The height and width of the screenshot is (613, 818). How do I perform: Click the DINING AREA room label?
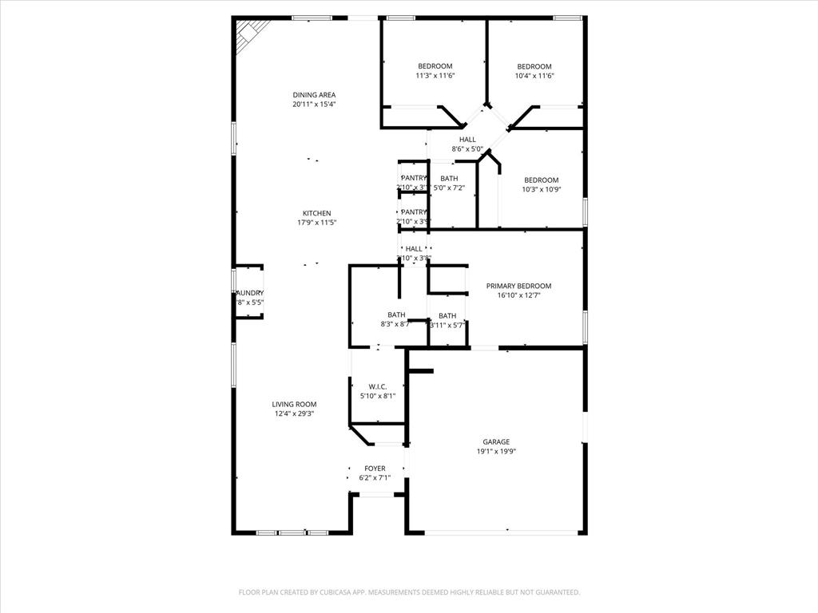pos(314,94)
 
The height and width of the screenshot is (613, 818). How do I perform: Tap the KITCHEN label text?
pos(316,213)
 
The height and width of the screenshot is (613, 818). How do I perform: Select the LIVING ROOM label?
pos(295,404)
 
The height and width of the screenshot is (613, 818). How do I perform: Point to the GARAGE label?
pos(496,441)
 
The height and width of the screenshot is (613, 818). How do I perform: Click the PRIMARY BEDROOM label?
pos(519,286)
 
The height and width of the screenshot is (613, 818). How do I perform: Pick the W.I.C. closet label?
pos(378,386)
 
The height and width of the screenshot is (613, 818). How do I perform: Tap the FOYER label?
pos(375,469)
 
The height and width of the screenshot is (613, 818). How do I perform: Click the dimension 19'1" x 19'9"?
pos(496,451)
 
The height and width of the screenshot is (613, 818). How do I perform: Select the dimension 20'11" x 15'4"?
pos(314,104)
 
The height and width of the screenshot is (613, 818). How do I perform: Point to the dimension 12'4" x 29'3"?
pos(295,413)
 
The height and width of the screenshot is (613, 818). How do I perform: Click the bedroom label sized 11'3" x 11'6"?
pos(435,66)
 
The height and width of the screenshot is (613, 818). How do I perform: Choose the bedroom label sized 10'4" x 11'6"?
pos(534,66)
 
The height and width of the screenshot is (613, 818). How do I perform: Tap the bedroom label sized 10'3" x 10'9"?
pos(541,180)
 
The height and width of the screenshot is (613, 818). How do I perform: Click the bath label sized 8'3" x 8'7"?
pos(397,314)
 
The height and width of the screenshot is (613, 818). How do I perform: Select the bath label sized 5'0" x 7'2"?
pos(449,178)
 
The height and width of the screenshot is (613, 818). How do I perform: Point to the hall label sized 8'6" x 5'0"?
pos(467,140)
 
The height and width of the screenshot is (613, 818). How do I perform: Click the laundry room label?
pos(249,293)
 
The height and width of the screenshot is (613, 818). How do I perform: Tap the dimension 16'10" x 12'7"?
pos(519,295)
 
